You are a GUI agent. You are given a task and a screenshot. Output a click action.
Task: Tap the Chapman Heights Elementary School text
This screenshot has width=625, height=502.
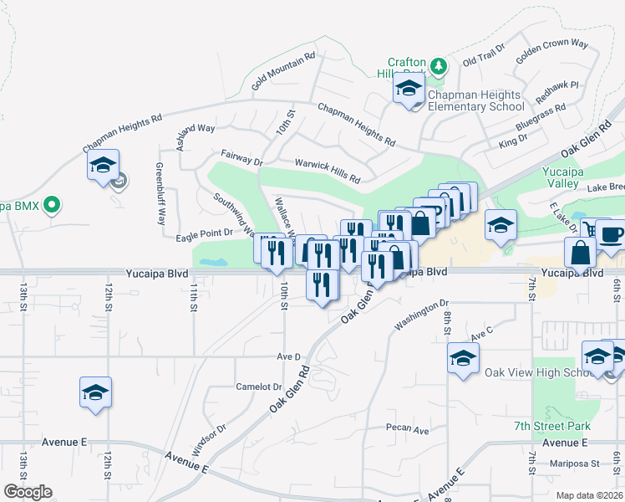[475, 101]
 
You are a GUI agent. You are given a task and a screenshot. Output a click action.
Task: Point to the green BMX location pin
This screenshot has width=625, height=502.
[52, 203]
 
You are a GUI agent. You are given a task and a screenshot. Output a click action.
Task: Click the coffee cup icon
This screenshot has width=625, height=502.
[610, 235]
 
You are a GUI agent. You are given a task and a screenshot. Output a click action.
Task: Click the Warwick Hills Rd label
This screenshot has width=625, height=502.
[327, 172]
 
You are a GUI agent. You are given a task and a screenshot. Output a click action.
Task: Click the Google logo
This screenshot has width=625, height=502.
[28, 492]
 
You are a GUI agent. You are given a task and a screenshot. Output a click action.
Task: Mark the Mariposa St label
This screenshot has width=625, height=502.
[575, 463]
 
